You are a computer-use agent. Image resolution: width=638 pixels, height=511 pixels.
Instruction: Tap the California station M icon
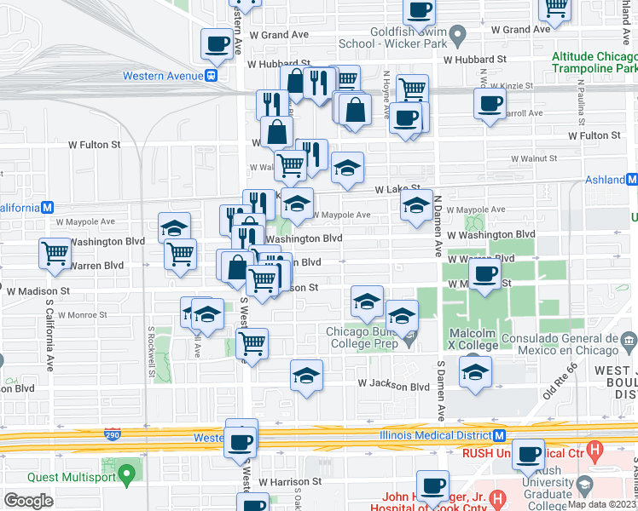[49, 208]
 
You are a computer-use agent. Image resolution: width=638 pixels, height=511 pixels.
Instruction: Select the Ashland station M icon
[631, 180]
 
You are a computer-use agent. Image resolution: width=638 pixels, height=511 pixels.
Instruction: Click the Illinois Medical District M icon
[500, 435]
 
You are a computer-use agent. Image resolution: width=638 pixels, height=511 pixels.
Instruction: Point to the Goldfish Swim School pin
[457, 36]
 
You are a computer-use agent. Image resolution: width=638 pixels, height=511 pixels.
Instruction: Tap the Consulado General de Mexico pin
[629, 338]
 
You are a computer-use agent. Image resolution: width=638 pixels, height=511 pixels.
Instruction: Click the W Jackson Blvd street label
[393, 386]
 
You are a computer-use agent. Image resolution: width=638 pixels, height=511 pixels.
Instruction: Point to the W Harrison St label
[290, 481]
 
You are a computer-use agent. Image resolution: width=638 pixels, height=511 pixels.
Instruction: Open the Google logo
[28, 501]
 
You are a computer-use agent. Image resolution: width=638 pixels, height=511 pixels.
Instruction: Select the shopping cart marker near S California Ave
[55, 252]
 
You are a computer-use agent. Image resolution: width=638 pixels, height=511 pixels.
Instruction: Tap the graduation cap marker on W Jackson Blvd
[307, 375]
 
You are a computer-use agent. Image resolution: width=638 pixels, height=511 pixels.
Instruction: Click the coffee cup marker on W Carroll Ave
[490, 104]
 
